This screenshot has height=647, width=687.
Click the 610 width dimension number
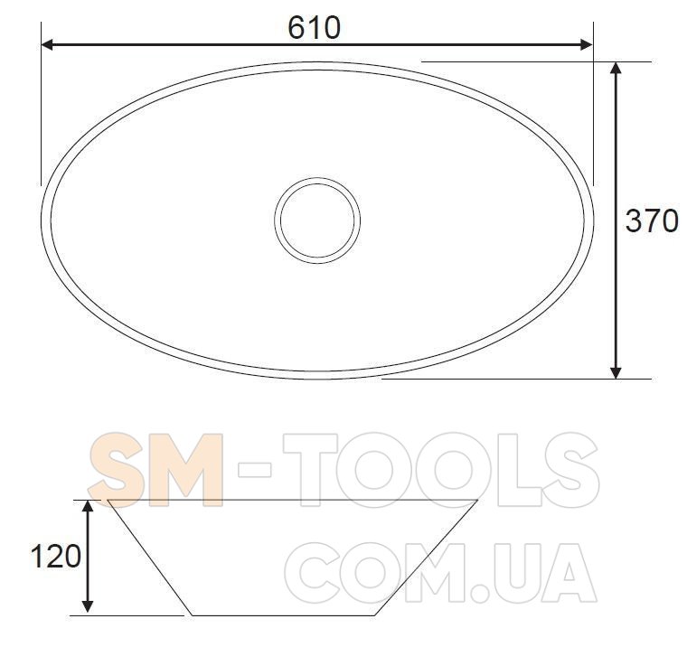pos(315,28)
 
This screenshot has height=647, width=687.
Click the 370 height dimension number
pos(652,220)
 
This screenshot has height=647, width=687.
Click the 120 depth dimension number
pos(56,557)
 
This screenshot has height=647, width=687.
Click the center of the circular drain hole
pos(317,220)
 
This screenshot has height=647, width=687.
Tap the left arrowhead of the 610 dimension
pos(47,44)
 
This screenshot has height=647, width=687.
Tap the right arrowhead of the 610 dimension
pos(587,44)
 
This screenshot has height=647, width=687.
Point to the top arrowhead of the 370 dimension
pos(616,69)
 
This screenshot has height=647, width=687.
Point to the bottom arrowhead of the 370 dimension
pos(616,372)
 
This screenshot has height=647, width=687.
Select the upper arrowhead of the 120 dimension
pos(88,506)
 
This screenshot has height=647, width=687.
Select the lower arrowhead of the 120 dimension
pos(88,605)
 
